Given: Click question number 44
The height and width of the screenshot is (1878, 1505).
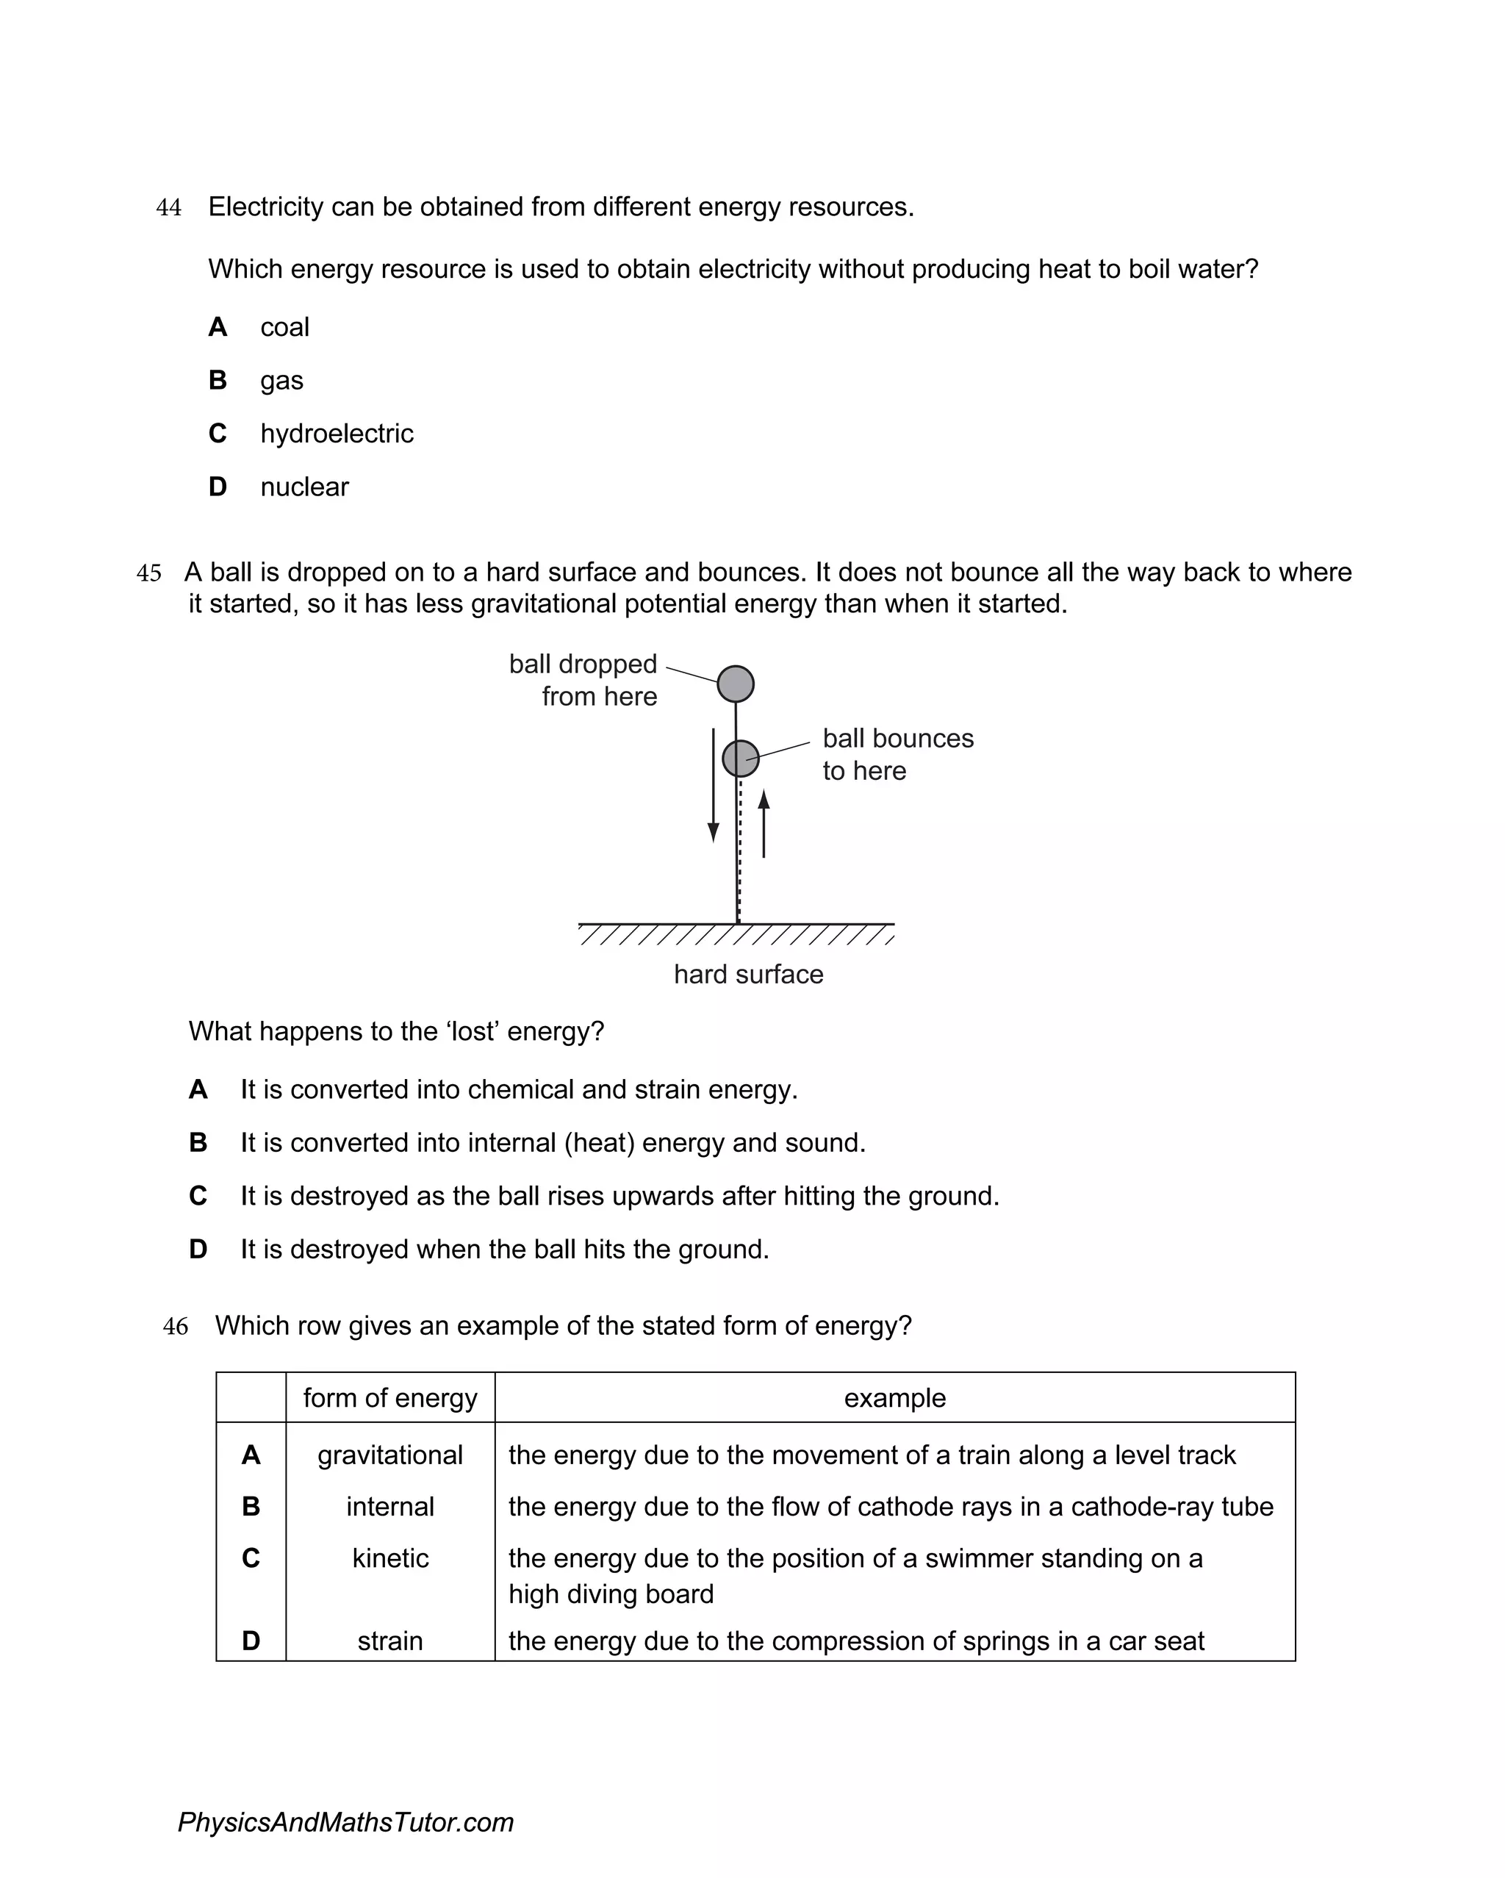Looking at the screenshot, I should pyautogui.click(x=169, y=208).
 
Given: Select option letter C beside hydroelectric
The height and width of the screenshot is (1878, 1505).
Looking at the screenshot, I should pyautogui.click(x=218, y=433).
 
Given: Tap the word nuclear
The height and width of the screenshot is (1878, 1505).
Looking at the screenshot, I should pyautogui.click(x=304, y=487).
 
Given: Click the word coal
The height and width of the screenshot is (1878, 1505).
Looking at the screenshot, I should pyautogui.click(x=285, y=328).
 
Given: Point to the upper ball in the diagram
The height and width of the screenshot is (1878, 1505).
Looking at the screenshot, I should pyautogui.click(x=736, y=684).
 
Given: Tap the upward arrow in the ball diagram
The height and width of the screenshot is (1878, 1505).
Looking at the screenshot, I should pyautogui.click(x=764, y=824).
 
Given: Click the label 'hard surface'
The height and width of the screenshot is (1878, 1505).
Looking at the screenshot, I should pyautogui.click(x=748, y=974).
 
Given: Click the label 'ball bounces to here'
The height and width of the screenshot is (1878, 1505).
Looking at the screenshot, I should pyautogui.click(x=897, y=754).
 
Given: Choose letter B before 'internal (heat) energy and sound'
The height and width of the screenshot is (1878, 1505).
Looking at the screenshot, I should pyautogui.click(x=198, y=1143).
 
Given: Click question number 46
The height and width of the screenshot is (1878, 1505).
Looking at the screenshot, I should pyautogui.click(x=175, y=1327).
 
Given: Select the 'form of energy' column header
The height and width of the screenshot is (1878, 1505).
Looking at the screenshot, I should pyautogui.click(x=390, y=1398).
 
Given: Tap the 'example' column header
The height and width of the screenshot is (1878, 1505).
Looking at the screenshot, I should pyautogui.click(x=894, y=1398).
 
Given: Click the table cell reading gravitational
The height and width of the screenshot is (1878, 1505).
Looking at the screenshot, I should pyautogui.click(x=390, y=1455).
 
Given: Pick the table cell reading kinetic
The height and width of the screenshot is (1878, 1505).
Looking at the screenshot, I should pyautogui.click(x=390, y=1558).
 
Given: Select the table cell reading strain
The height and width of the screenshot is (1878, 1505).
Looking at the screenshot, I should pyautogui.click(x=390, y=1641).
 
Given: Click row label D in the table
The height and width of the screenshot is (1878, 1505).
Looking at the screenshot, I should pyautogui.click(x=251, y=1641).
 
